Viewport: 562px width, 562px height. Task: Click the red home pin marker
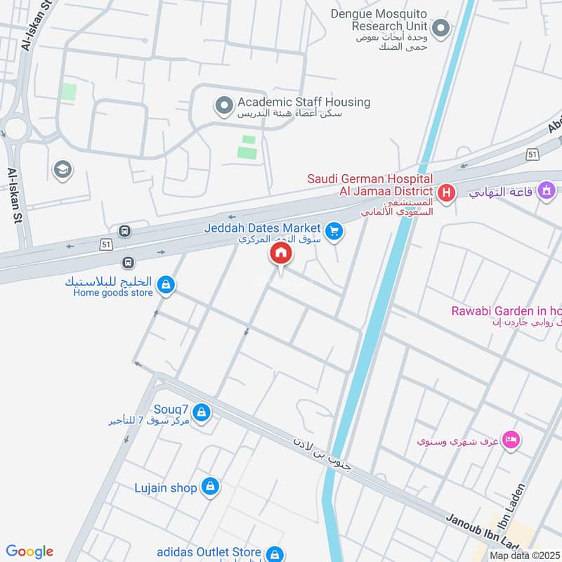280,254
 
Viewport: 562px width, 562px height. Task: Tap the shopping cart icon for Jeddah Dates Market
335,230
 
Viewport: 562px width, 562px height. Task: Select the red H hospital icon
445,192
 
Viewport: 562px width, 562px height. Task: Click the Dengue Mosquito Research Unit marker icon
440,29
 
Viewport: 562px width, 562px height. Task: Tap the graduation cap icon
62,169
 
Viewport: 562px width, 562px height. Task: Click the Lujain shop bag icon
209,485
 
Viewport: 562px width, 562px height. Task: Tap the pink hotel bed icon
512,439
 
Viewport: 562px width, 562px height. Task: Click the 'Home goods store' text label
112,293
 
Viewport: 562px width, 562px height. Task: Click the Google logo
30,551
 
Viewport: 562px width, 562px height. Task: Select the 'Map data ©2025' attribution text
523,555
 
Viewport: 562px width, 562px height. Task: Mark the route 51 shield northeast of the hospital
532,154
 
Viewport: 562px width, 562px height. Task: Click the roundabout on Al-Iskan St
15,129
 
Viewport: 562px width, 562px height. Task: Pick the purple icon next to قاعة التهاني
546,190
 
